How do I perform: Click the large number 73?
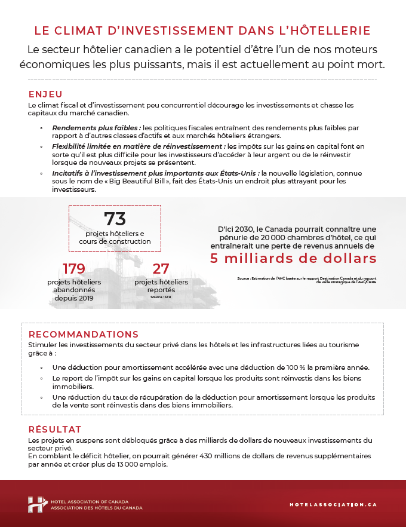115,219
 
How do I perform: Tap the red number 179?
74,268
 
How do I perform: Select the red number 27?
161,268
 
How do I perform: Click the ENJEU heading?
45,94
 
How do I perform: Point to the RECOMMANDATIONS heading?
83,334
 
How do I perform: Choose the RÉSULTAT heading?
55,430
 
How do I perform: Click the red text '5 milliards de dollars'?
293,258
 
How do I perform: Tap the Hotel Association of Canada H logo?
37,504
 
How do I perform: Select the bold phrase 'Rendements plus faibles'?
96,128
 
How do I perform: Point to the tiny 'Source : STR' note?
160,297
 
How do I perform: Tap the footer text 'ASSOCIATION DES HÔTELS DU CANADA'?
97,508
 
